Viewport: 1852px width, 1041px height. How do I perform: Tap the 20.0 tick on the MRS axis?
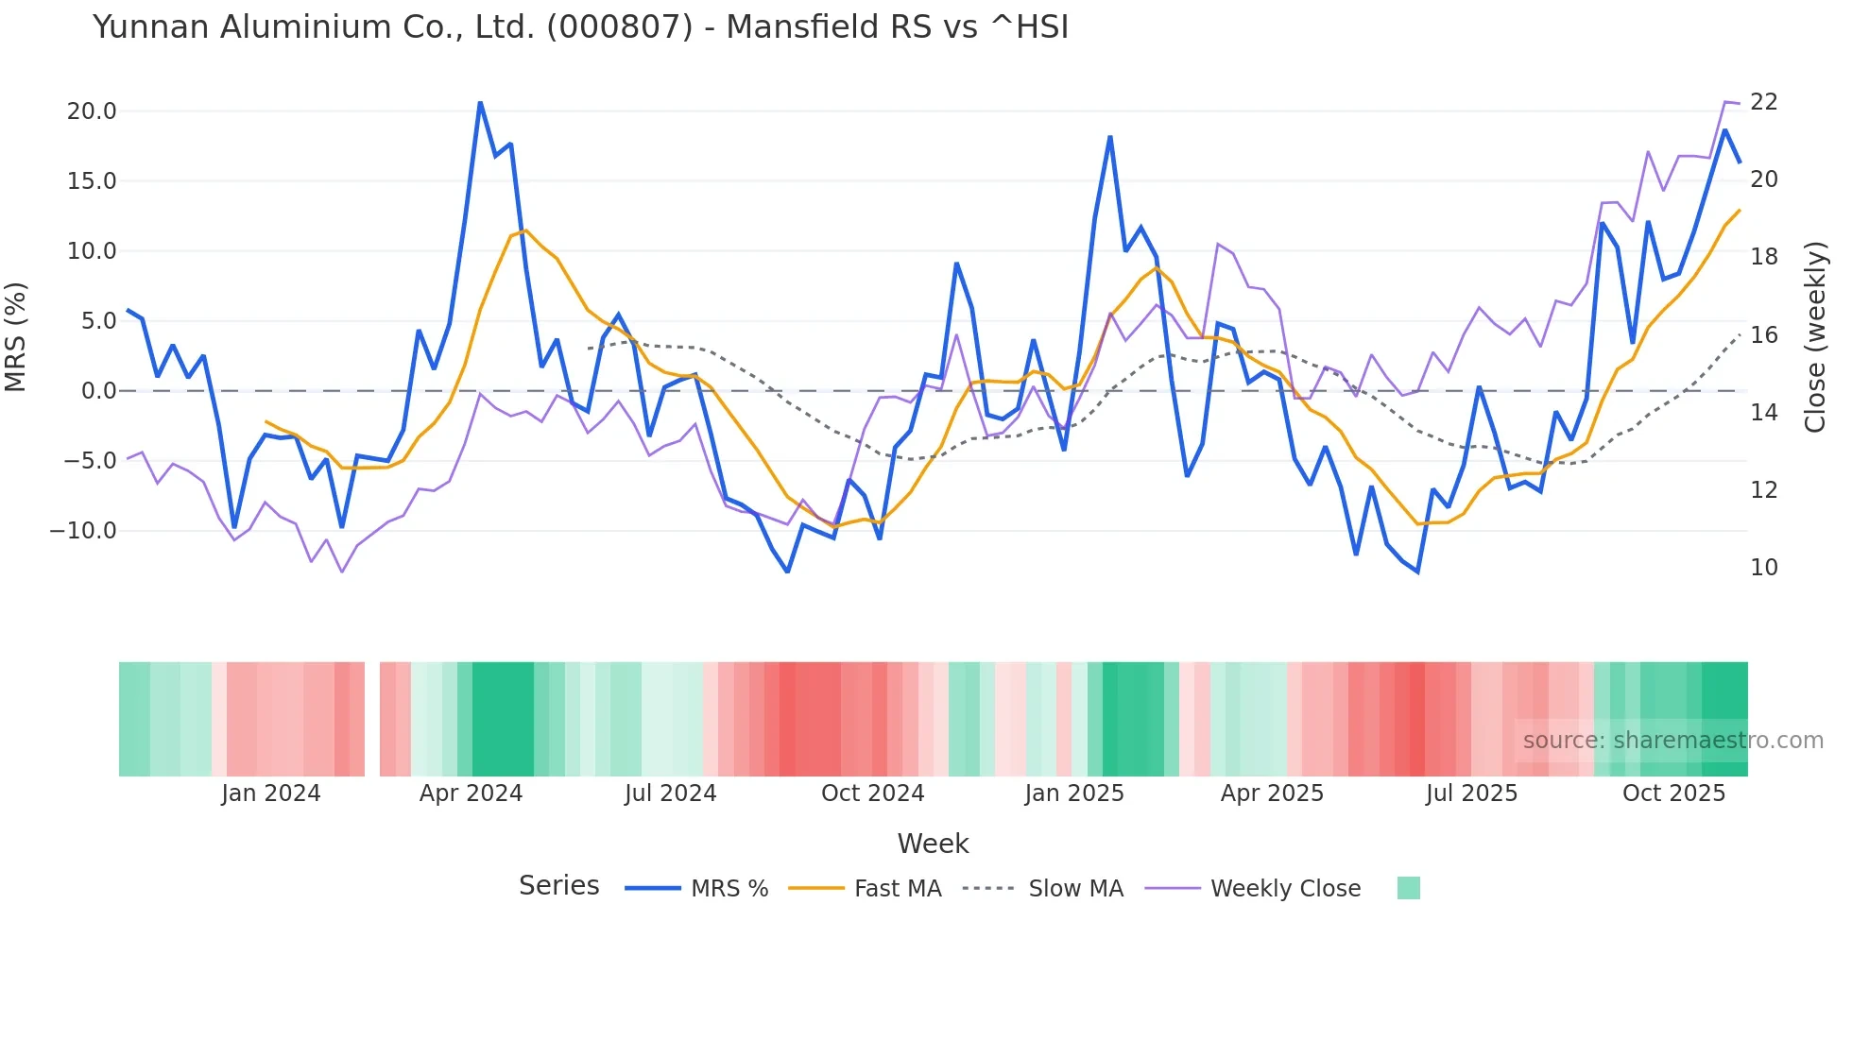pyautogui.click(x=92, y=111)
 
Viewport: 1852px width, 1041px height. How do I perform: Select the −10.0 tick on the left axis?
pyautogui.click(x=83, y=531)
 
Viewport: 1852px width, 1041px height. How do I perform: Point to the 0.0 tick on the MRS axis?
pyautogui.click(x=98, y=391)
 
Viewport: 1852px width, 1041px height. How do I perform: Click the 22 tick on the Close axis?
pyautogui.click(x=1763, y=102)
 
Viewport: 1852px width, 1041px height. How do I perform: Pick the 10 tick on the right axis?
pyautogui.click(x=1763, y=568)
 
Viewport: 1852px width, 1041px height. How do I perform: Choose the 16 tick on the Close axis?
pyautogui.click(x=1763, y=335)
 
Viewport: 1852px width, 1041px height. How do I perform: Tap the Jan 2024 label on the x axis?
pyautogui.click(x=271, y=794)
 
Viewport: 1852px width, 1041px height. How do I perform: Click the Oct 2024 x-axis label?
pyautogui.click(x=872, y=794)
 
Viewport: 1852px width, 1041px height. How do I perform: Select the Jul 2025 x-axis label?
pyautogui.click(x=1471, y=794)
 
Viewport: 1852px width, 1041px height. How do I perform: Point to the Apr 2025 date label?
pyautogui.click(x=1272, y=794)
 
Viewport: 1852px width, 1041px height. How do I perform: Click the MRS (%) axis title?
pyautogui.click(x=16, y=336)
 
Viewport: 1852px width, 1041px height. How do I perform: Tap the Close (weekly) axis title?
pyautogui.click(x=1815, y=337)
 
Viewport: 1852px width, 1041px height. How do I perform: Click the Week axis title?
pyautogui.click(x=933, y=844)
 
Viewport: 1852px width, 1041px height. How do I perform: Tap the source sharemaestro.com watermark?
pyautogui.click(x=1672, y=741)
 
